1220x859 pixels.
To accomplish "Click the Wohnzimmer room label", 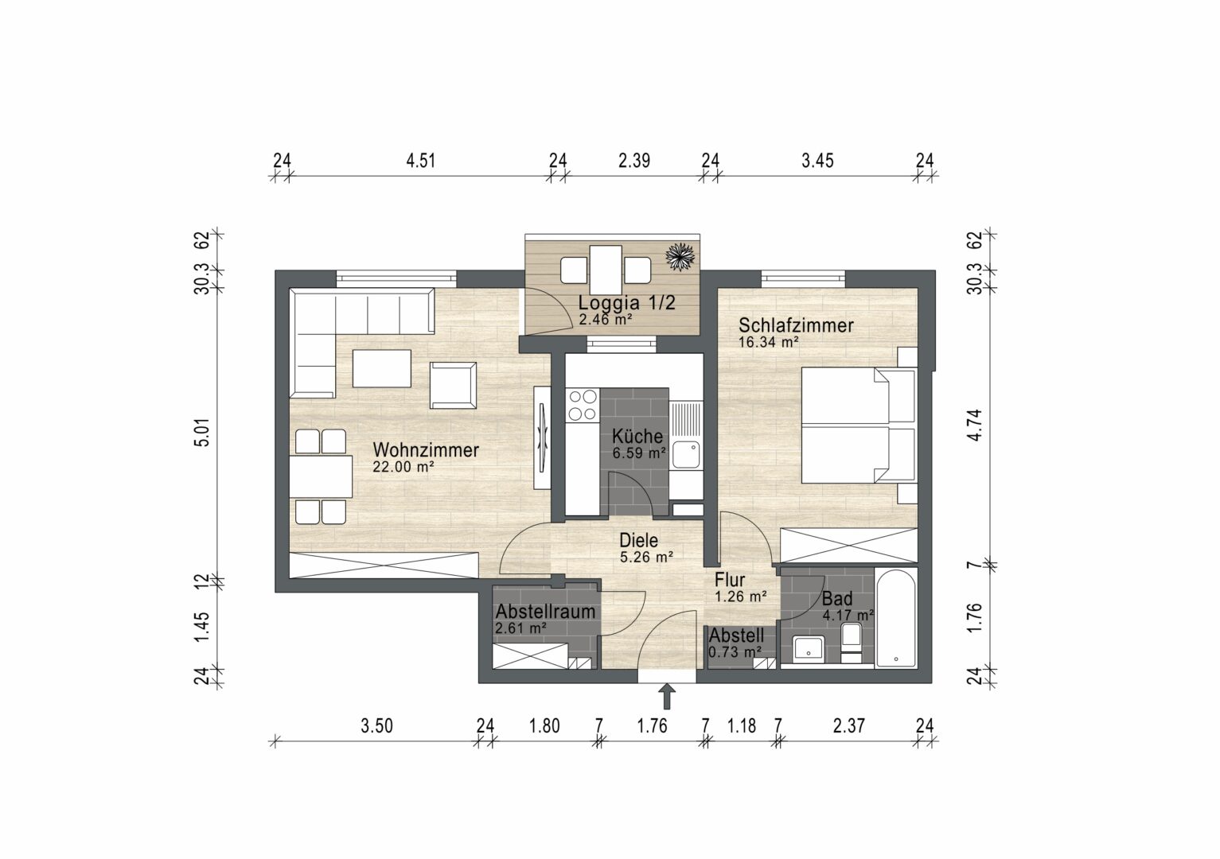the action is coord(426,450).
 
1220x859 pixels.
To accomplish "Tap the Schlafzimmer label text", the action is coord(796,325).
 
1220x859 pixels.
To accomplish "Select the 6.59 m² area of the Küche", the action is coord(639,453).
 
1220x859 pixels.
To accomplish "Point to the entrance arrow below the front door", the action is coord(667,696).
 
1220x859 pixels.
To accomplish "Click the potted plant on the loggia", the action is coord(680,257).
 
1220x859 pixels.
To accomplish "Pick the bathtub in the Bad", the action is coord(896,619).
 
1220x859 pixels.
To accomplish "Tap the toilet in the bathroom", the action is coord(851,643).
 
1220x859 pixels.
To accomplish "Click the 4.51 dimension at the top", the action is coord(420,161).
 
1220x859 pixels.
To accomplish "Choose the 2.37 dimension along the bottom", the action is coord(848,725).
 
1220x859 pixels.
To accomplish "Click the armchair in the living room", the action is coord(453,386).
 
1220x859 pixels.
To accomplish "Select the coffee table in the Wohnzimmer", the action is coord(382,368).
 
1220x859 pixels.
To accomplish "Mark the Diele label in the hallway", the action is coord(639,541).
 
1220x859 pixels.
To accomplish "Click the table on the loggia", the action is coord(606,270).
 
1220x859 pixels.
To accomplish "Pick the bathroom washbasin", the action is coord(809,648).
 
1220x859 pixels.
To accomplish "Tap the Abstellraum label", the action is coord(545,612).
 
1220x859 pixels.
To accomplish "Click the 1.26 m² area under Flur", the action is coord(741,597).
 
